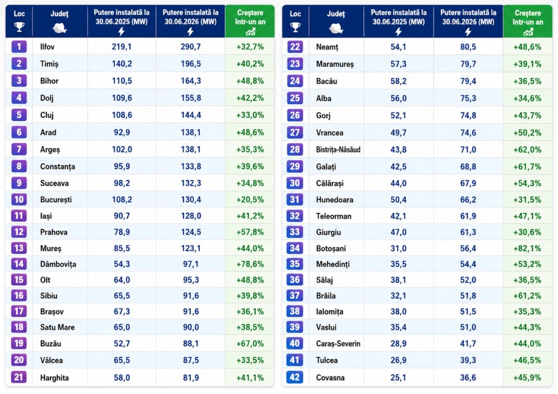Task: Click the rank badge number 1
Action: click(19, 47)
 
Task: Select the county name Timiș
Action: click(49, 64)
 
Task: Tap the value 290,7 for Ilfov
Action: click(191, 47)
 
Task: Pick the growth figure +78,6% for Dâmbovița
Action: click(250, 264)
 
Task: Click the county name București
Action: click(56, 200)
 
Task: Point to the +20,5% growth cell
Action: click(250, 200)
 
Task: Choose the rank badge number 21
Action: click(19, 377)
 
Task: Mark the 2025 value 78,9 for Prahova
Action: click(122, 232)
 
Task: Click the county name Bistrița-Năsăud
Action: click(338, 149)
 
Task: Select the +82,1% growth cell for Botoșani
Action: click(527, 249)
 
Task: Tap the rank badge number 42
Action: click(295, 377)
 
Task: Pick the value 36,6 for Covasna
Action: click(468, 377)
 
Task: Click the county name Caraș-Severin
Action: click(338, 343)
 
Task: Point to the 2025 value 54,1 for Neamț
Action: click(398, 47)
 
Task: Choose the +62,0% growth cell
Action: click(527, 149)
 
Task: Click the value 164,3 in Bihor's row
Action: click(191, 81)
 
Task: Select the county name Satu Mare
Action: click(57, 327)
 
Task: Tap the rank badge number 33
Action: click(295, 232)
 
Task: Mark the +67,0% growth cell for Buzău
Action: click(250, 343)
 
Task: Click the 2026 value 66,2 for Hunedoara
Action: click(468, 200)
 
